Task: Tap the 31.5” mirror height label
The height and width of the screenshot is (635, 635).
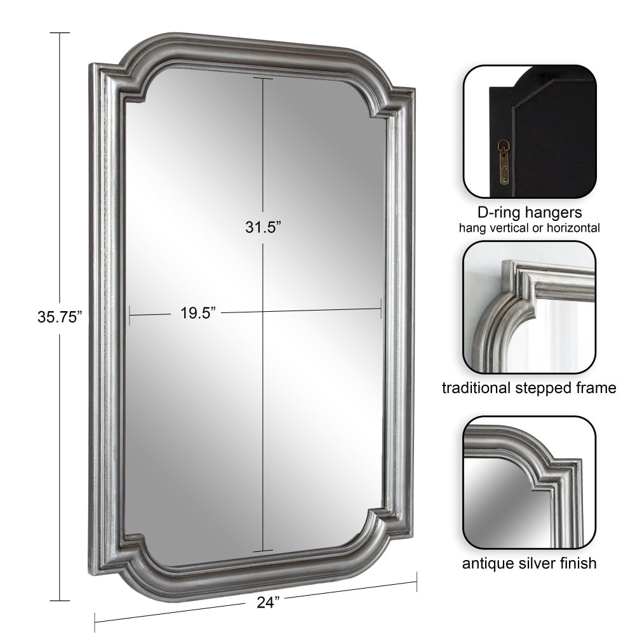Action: point(263,227)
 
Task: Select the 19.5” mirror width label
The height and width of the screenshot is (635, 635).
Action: point(198,312)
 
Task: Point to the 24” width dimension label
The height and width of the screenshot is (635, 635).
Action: point(269,602)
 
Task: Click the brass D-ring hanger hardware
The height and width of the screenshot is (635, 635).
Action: point(504,161)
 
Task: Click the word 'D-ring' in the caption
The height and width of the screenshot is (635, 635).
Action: point(499,212)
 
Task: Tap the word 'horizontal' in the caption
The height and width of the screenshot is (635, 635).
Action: point(573,228)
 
